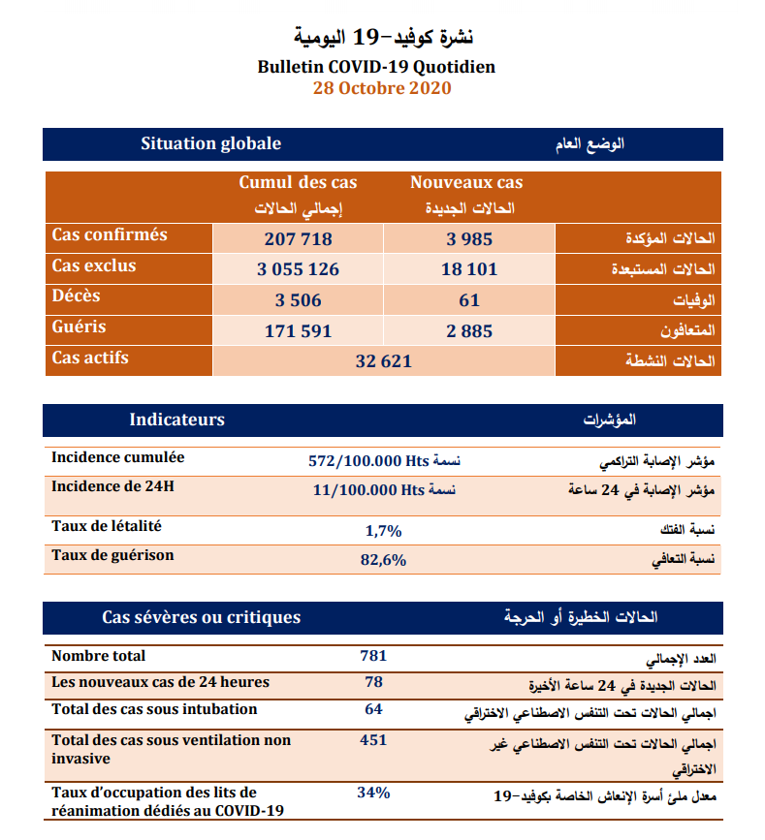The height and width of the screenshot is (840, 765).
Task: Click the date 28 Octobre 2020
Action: click(382, 88)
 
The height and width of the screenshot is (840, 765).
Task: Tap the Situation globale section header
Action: click(210, 143)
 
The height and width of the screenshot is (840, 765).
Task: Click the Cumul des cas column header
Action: click(298, 182)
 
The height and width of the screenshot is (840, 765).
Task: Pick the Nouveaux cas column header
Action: click(466, 182)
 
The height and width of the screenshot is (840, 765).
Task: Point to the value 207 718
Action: click(298, 239)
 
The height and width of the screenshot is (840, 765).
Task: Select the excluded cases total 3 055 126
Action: click(298, 269)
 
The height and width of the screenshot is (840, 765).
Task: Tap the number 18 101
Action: click(469, 269)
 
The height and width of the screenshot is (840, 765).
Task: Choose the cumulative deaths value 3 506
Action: click(298, 300)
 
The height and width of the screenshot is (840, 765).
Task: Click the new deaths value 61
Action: click(469, 300)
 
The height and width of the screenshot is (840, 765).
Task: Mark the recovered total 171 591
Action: click(298, 331)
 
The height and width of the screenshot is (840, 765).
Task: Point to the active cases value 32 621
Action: click(384, 361)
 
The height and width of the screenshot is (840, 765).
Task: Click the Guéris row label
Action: click(80, 327)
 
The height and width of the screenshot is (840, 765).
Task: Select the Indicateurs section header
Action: click(176, 420)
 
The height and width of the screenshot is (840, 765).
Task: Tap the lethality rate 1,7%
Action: click(383, 530)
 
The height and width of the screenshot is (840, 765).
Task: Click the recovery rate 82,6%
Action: click(383, 560)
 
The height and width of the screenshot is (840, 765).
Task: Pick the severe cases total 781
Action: click(373, 656)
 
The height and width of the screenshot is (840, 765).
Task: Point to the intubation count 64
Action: click(373, 709)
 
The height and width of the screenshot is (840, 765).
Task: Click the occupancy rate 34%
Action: click(373, 793)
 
